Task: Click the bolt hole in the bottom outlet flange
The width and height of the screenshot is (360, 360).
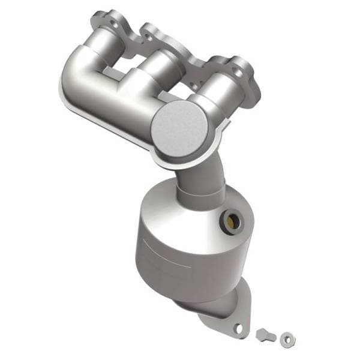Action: click(239, 328)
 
